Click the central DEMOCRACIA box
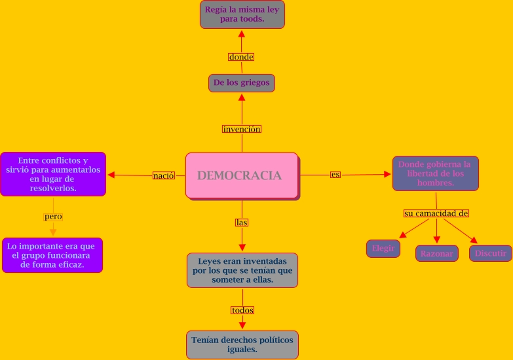(242, 175)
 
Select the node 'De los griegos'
(241, 83)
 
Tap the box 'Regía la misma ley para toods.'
(242, 14)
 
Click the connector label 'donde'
(241, 57)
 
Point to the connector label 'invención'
(242, 129)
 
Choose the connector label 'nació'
(164, 175)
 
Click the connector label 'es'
(335, 175)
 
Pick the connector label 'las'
(242, 223)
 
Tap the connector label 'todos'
(242, 310)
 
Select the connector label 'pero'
(53, 216)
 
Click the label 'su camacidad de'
(436, 213)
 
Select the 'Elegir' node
(383, 249)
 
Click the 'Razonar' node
(436, 253)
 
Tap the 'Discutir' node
(491, 253)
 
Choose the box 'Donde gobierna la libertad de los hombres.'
(436, 173)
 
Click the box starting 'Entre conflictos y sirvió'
(53, 174)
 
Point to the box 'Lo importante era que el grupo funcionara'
(52, 255)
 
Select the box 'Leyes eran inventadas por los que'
(242, 270)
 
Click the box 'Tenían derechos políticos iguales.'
(242, 345)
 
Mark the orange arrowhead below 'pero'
(53, 231)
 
